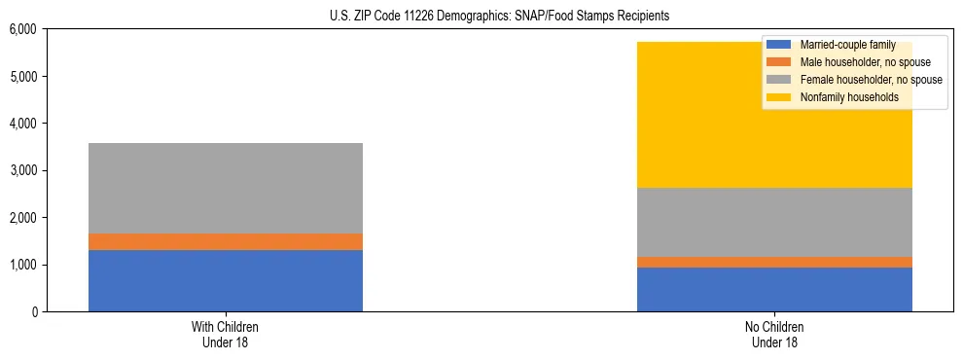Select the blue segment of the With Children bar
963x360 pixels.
pyautogui.click(x=226, y=280)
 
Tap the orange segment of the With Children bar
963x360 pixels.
pyautogui.click(x=226, y=241)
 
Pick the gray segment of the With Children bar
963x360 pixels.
pyautogui.click(x=226, y=188)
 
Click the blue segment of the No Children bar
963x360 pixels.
pyautogui.click(x=774, y=289)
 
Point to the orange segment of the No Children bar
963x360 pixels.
pyautogui.click(x=774, y=262)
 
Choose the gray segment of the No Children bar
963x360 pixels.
pyautogui.click(x=774, y=222)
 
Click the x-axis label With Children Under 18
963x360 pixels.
pyautogui.click(x=226, y=334)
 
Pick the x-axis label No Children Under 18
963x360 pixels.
pyautogui.click(x=774, y=334)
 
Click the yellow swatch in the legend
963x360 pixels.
pyautogui.click(x=779, y=97)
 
